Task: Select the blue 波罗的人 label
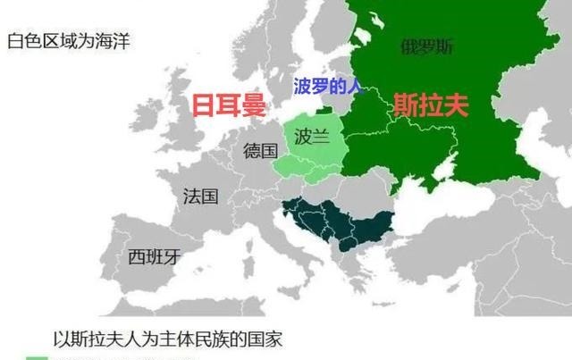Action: [x=328, y=88]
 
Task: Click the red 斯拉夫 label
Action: [x=432, y=106]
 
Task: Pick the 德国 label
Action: [x=260, y=150]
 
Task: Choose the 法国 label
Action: [x=200, y=196]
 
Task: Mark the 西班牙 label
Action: [x=154, y=257]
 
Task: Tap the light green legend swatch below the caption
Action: [x=38, y=357]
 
